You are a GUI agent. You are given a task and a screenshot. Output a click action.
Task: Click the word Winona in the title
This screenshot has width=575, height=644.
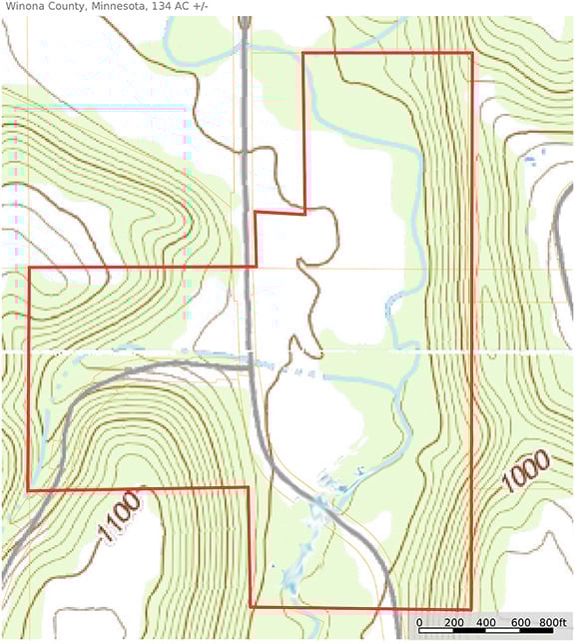pos(25,7)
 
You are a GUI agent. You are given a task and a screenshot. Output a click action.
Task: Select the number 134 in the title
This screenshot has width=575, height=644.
pos(161,7)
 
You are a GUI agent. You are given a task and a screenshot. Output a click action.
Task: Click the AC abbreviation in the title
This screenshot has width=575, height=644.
pos(183,7)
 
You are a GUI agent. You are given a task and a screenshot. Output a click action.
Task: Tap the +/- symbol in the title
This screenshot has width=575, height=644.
pos(203,7)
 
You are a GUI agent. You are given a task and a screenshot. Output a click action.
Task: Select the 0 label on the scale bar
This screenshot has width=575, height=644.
pos(419,623)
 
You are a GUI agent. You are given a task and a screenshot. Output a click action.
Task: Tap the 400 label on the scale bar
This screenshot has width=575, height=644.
pos(486,623)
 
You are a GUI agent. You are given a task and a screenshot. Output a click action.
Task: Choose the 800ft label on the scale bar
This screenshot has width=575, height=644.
pos(552,623)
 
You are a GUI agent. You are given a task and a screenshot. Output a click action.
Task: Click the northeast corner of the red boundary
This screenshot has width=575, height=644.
pos(471,53)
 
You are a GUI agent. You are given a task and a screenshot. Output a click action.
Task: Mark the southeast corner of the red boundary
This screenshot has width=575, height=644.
pos(470,608)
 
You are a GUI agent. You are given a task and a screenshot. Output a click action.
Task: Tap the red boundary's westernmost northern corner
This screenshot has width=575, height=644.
pos(29,268)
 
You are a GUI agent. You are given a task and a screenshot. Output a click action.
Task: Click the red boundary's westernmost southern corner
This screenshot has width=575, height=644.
pos(28,490)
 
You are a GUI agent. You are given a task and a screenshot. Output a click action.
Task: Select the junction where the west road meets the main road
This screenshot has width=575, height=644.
pos(249,366)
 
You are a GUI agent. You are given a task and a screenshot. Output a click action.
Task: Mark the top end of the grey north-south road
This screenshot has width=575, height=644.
pos(243,22)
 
